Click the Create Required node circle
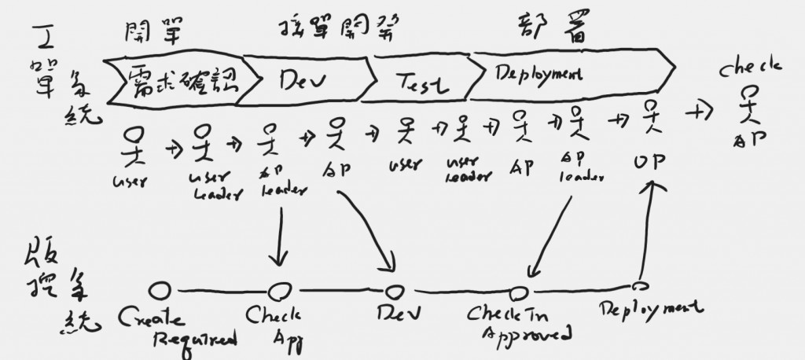click(x=160, y=292)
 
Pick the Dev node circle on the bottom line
click(x=395, y=290)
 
